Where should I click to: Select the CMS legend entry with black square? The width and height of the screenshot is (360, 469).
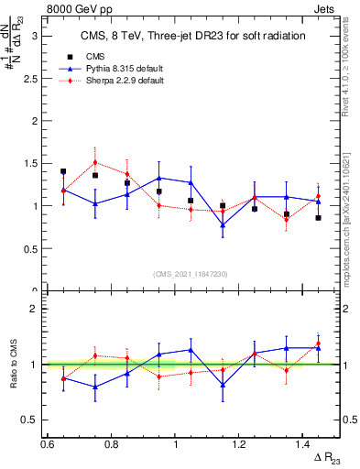point(94,56)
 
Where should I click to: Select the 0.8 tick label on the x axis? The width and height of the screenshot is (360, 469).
point(112,443)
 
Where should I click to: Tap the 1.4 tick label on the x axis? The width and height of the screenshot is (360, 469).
point(303,443)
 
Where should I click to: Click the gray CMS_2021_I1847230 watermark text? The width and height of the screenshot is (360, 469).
point(191,273)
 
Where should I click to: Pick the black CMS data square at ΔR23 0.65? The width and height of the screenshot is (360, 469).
point(63,171)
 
